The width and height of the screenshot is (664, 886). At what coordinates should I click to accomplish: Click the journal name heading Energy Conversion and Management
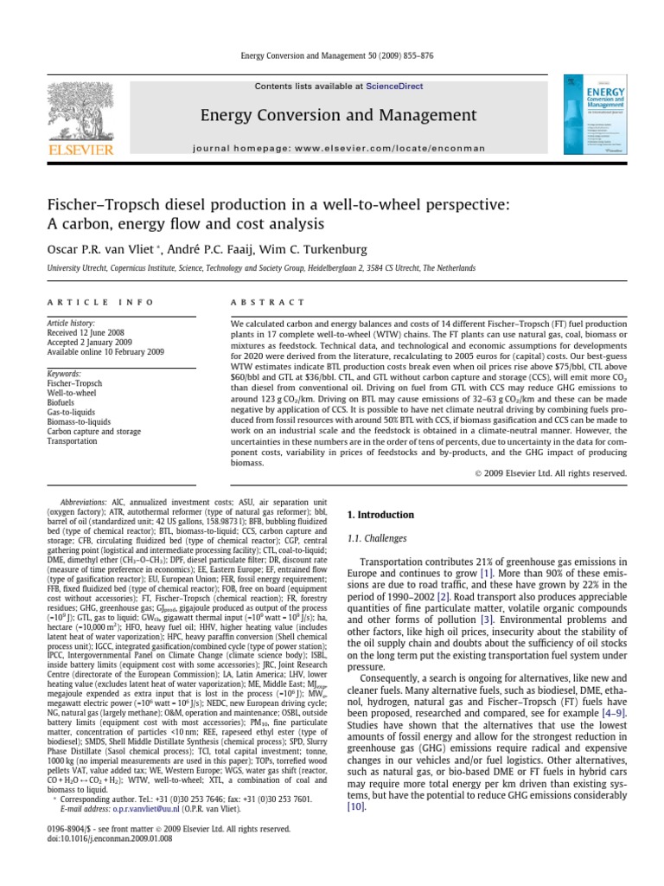[x=326, y=115]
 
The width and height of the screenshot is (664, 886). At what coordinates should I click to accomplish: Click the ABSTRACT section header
[x=255, y=302]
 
